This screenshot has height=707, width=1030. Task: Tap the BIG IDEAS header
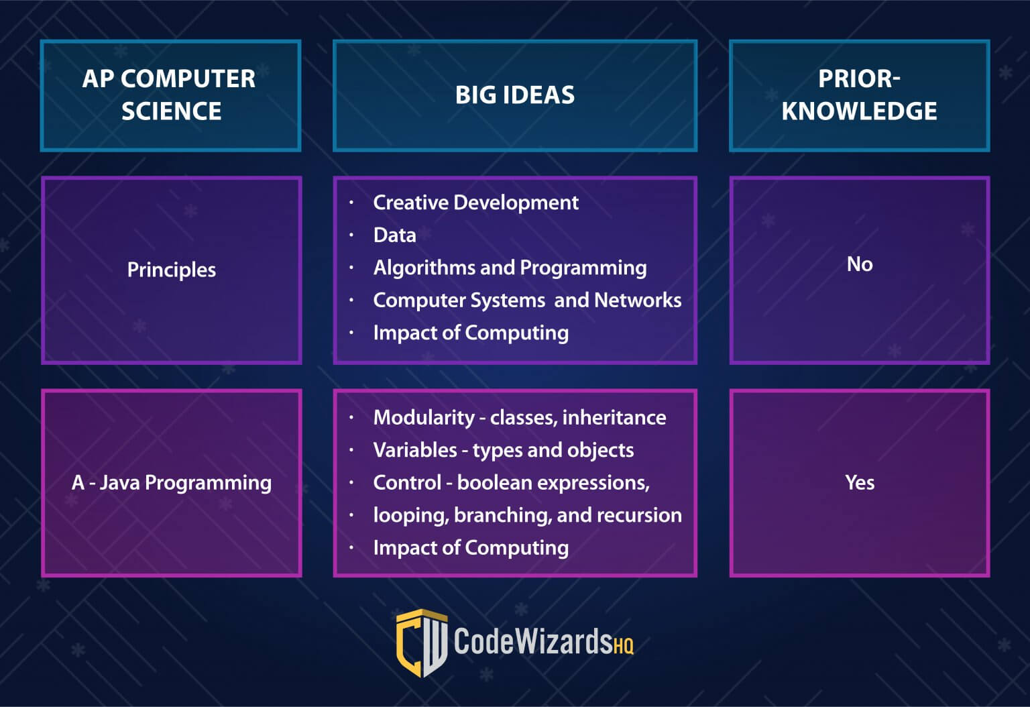(x=515, y=95)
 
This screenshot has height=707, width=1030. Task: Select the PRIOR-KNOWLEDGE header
(x=860, y=95)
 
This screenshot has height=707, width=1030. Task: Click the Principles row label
(x=172, y=270)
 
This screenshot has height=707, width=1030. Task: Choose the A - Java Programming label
(x=172, y=483)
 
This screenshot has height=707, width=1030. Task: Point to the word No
(x=860, y=264)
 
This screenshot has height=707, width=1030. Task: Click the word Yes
(x=860, y=482)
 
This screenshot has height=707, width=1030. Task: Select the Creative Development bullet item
(x=476, y=203)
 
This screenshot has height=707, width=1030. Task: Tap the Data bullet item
(x=394, y=235)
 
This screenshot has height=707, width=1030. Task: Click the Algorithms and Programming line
(x=510, y=268)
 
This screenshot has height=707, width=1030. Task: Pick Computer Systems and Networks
(x=528, y=301)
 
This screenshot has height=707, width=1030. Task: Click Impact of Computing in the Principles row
(x=471, y=333)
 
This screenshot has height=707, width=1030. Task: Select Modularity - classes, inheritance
(x=520, y=418)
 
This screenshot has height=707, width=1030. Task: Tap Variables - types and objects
(x=504, y=450)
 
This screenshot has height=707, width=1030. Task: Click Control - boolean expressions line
(x=512, y=483)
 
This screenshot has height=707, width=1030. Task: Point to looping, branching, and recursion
(x=528, y=515)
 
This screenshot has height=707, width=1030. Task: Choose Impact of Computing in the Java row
(x=471, y=548)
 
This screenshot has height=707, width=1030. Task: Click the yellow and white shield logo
(x=421, y=643)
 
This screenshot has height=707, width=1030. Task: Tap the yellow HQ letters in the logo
(x=623, y=645)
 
